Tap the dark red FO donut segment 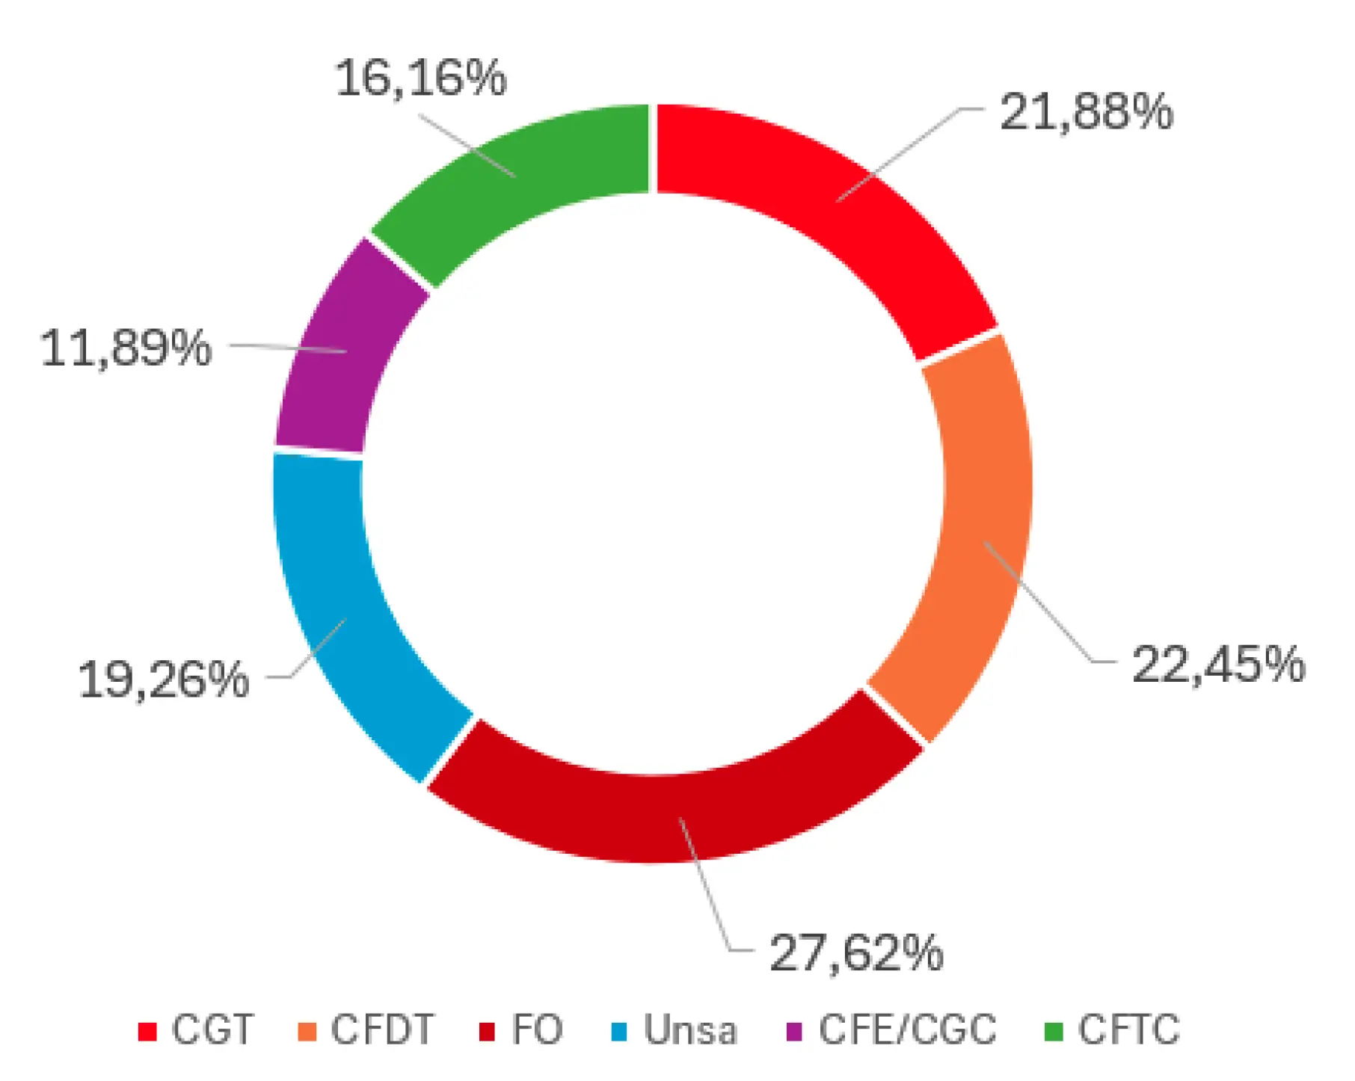pyautogui.click(x=673, y=815)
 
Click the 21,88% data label pyautogui.click(x=1086, y=113)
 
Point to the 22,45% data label pyautogui.click(x=1218, y=664)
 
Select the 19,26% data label pyautogui.click(x=163, y=680)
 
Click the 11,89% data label pyautogui.click(x=126, y=348)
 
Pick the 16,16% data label pyautogui.click(x=420, y=78)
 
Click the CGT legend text pyautogui.click(x=212, y=1030)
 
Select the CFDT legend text pyautogui.click(x=382, y=1030)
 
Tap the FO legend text pyautogui.click(x=537, y=1030)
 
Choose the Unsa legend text pyautogui.click(x=690, y=1030)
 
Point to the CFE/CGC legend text pyautogui.click(x=908, y=1030)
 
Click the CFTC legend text pyautogui.click(x=1128, y=1030)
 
